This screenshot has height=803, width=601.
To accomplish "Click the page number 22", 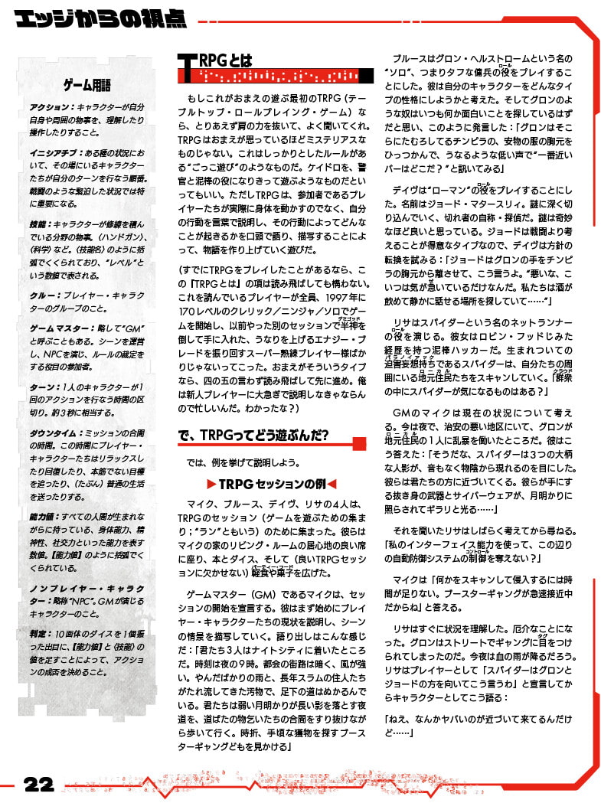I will pos(38,785).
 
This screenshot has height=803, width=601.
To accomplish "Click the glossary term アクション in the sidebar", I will pos(50,107).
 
